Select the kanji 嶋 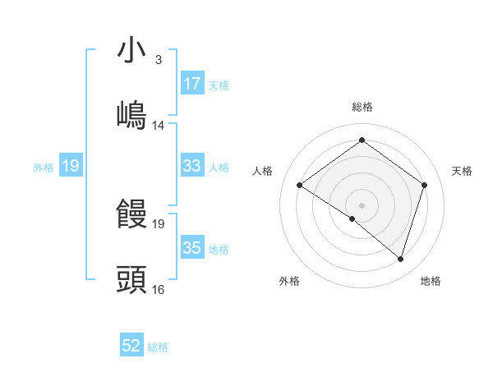(x=132, y=116)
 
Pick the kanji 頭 (x=132, y=280)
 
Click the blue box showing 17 (x=191, y=84)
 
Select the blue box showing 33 (x=191, y=166)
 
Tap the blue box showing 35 (x=191, y=248)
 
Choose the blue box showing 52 (x=131, y=347)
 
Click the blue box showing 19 (x=70, y=167)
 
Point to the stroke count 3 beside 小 (x=158, y=60)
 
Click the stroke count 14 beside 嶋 (x=159, y=126)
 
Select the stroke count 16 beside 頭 (x=159, y=289)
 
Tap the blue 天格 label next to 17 (x=219, y=85)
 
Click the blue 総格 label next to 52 (x=159, y=347)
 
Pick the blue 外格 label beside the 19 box (x=44, y=168)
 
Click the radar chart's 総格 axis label (x=362, y=107)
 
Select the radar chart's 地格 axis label (x=431, y=281)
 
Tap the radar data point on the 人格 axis (x=300, y=186)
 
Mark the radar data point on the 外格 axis (x=352, y=218)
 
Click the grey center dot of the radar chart (x=362, y=204)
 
